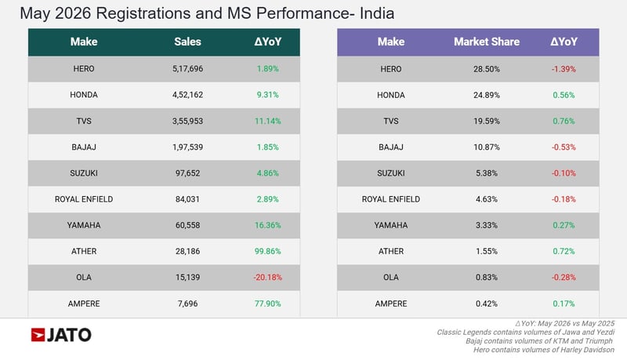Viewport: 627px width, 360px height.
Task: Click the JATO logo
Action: point(61,335)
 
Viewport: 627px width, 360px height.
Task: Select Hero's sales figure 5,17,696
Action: point(187,69)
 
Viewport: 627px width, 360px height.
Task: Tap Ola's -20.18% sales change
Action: point(267,277)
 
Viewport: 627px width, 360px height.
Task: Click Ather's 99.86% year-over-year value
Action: point(267,251)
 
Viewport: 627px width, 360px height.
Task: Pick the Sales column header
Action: point(187,42)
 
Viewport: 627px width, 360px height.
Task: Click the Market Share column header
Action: point(487,42)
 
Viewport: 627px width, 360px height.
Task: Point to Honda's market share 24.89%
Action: point(487,95)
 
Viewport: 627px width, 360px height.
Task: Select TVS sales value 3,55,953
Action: point(187,122)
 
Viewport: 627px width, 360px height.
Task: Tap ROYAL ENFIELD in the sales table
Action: point(84,199)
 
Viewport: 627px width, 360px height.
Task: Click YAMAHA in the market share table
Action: point(391,225)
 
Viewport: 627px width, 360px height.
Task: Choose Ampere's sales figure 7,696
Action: point(187,304)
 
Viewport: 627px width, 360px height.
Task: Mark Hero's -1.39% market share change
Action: point(564,69)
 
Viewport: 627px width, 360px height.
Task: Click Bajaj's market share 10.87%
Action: point(487,147)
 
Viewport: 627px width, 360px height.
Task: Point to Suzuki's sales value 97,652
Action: point(187,173)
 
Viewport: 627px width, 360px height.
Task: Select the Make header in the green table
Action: point(84,42)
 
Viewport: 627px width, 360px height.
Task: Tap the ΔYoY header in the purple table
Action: point(564,42)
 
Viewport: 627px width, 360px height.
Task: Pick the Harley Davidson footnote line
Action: point(544,350)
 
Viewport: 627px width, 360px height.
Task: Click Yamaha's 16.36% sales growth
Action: point(267,225)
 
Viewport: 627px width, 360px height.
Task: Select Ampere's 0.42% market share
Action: point(487,304)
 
